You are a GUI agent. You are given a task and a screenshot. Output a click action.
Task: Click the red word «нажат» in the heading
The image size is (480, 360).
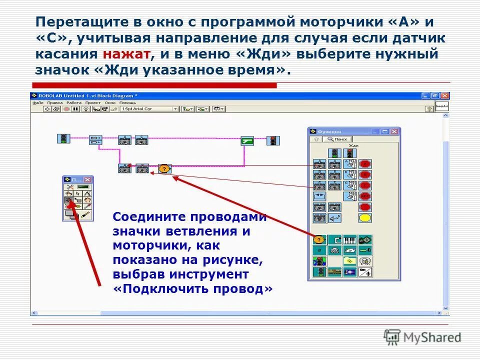(125, 54)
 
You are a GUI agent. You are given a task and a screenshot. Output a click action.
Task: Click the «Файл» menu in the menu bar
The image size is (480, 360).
(37, 102)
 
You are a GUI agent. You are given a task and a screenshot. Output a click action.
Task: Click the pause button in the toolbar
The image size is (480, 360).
(75, 108)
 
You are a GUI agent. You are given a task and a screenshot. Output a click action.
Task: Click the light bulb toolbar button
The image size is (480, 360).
(85, 108)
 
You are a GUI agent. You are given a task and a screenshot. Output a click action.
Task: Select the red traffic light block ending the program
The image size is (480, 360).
(273, 140)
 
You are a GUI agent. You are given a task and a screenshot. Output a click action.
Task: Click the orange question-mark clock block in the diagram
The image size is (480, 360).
(163, 168)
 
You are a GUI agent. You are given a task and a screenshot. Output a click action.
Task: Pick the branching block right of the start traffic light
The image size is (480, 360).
(95, 140)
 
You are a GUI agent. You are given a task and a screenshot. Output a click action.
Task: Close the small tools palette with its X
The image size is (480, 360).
(88, 179)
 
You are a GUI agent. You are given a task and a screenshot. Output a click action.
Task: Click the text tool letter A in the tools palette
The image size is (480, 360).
(87, 193)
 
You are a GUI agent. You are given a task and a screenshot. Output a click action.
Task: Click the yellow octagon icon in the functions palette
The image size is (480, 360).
(365, 218)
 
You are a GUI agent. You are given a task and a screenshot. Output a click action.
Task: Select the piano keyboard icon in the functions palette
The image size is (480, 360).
(349, 239)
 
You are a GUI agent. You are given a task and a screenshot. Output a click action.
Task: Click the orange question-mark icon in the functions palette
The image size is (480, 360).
(319, 239)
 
